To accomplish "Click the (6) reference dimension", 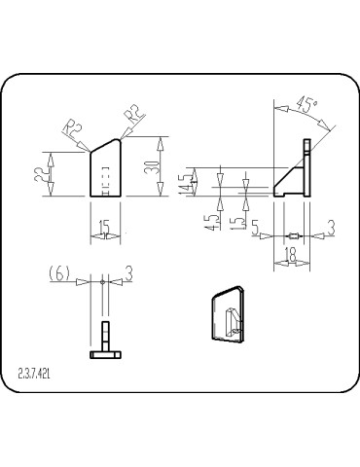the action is pos(60,276).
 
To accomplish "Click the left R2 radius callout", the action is pos(70,127).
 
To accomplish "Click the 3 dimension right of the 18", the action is pos(331,228).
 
